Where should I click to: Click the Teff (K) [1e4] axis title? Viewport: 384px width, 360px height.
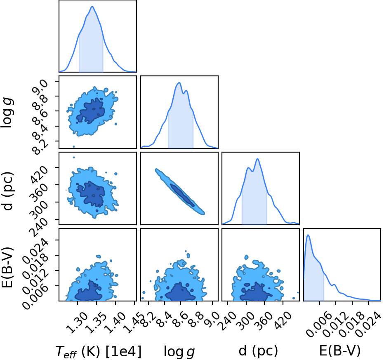tap(99, 351)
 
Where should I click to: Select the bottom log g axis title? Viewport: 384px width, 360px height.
tap(179, 352)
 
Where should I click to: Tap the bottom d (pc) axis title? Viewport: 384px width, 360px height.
tap(258, 351)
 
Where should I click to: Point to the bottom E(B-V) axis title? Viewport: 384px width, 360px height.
tap(340, 351)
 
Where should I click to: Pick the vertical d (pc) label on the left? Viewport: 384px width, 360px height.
tap(7, 191)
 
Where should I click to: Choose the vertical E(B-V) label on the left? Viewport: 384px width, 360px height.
tap(7, 268)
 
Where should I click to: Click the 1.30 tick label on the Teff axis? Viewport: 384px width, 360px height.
tap(77, 323)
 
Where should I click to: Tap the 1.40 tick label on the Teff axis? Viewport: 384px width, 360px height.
tap(115, 323)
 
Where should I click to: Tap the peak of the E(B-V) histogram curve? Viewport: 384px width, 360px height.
tap(308, 235)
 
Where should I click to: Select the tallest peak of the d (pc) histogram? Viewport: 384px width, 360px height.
tap(257, 159)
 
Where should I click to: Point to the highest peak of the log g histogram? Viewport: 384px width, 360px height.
tap(179, 83)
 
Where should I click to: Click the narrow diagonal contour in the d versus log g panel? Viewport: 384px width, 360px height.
tap(180, 192)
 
